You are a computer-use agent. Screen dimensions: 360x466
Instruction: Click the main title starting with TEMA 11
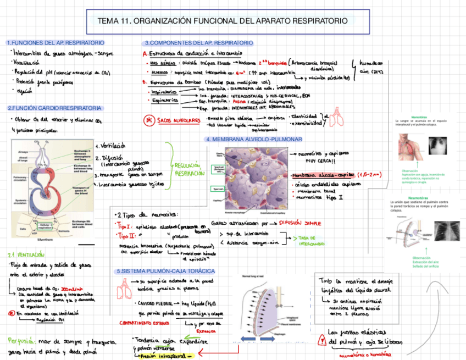223,21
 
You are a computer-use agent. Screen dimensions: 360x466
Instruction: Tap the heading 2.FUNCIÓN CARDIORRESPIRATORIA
54,108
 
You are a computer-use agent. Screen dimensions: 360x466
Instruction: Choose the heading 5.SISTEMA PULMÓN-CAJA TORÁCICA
165,272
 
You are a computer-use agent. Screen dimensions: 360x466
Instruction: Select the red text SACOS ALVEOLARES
179,120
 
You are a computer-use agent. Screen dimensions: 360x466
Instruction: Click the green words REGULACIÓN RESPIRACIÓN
188,169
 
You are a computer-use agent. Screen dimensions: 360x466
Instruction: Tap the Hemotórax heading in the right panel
418,117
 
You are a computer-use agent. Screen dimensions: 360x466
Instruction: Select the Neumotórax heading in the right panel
418,197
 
